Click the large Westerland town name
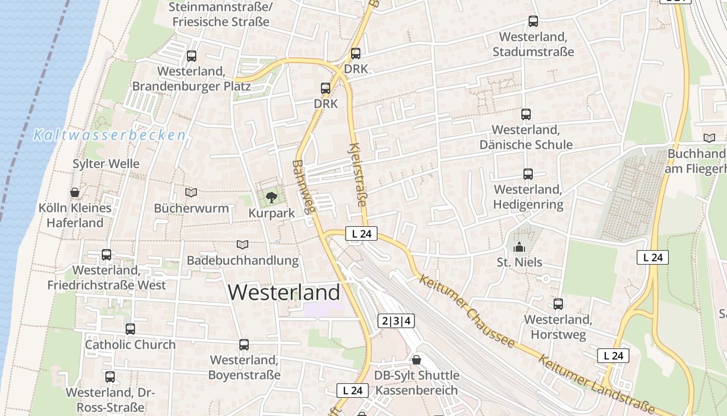(x=284, y=292)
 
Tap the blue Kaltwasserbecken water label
(x=109, y=135)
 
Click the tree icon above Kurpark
(x=271, y=197)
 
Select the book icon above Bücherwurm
(x=191, y=192)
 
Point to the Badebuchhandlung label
(x=243, y=260)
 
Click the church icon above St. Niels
(x=519, y=247)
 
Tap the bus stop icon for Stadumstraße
(x=533, y=21)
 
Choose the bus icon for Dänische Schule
(x=526, y=114)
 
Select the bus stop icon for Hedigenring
(x=528, y=174)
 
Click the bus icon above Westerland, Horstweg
(x=558, y=304)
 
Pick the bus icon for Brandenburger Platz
(x=192, y=56)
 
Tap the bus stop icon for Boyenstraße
(x=244, y=344)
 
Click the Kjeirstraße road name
(x=358, y=174)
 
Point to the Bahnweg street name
(x=304, y=187)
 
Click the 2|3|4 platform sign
(x=396, y=321)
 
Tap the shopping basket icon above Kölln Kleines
(x=75, y=192)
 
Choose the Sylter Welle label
(x=106, y=164)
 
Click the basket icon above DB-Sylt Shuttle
(x=416, y=359)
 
